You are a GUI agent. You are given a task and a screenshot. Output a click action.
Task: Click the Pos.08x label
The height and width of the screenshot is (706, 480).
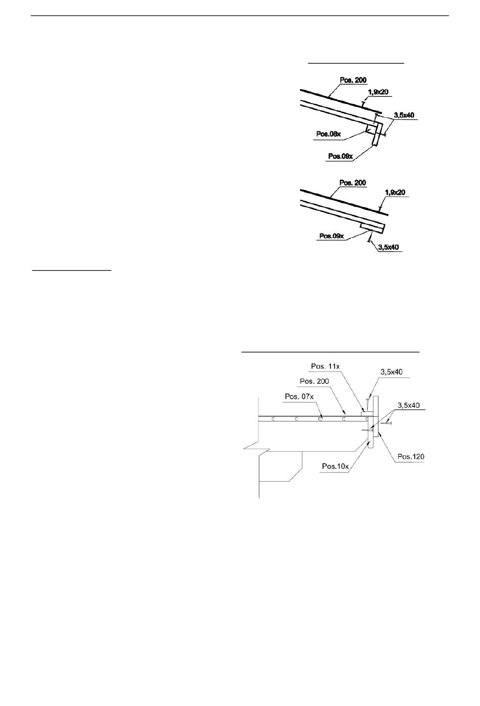click(328, 134)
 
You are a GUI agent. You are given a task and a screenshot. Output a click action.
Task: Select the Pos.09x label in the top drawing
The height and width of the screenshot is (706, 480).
click(340, 156)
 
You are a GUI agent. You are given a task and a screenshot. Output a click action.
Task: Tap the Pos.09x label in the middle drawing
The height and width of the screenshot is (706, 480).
click(331, 236)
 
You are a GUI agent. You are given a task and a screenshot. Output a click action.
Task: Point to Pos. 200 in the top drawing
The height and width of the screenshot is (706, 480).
click(354, 80)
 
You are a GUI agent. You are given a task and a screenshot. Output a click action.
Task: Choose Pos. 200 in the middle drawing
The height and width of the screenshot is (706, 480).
click(354, 182)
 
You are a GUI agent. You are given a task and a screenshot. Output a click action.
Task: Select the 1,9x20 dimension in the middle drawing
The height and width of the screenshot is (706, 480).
click(395, 193)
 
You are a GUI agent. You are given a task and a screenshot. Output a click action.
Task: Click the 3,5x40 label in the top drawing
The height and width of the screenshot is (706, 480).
click(404, 115)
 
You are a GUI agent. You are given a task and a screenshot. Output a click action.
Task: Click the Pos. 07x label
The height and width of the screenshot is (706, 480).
click(299, 396)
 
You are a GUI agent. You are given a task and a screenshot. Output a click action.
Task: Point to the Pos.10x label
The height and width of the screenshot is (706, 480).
click(335, 466)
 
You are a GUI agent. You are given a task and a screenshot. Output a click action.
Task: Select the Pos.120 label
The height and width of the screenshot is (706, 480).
click(411, 457)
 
